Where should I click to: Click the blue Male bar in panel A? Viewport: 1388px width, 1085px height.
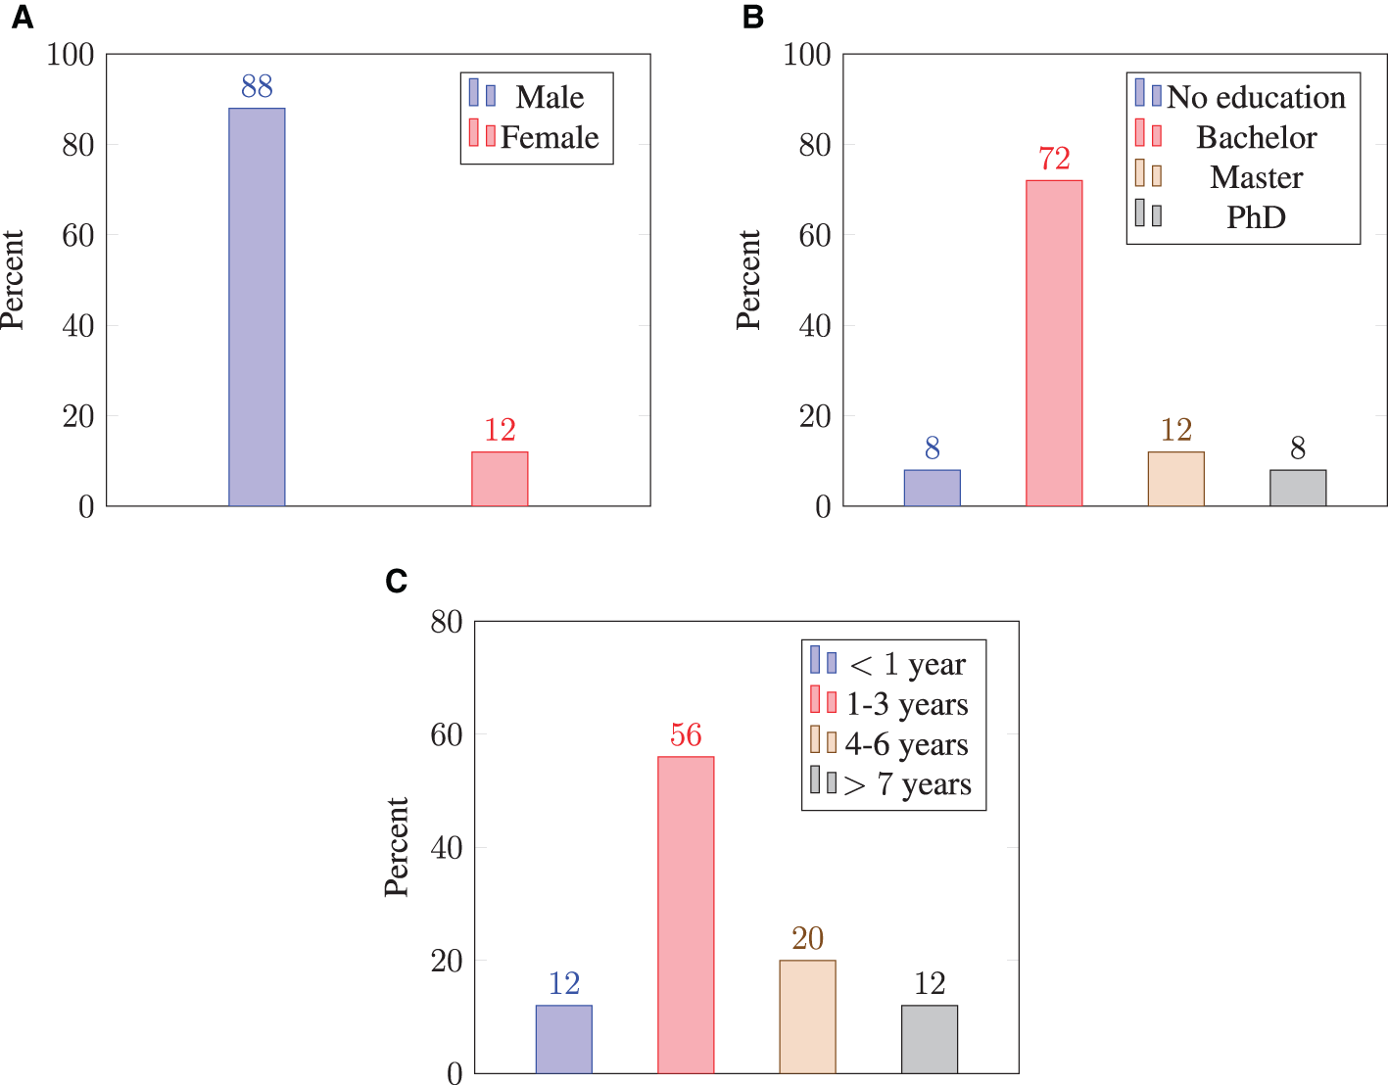click(x=257, y=307)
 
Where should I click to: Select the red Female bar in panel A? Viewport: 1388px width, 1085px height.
click(x=500, y=479)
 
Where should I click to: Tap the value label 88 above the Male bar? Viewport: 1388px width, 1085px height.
click(x=257, y=87)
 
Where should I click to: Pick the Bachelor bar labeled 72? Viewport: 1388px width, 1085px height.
click(x=1054, y=343)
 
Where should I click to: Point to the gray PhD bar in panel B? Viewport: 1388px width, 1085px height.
click(x=1298, y=488)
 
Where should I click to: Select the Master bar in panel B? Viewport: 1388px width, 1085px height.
click(x=1175, y=479)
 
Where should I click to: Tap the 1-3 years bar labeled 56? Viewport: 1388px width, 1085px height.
click(x=686, y=915)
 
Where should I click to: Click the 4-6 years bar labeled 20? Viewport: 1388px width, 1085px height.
click(x=807, y=1016)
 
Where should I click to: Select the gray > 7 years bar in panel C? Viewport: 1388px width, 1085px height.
click(x=930, y=1039)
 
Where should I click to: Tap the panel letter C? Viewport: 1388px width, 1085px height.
click(x=397, y=582)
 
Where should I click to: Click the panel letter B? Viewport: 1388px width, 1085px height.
click(x=753, y=18)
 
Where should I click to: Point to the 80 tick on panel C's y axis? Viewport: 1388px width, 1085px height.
click(x=447, y=622)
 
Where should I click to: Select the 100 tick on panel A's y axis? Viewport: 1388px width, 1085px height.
click(x=71, y=55)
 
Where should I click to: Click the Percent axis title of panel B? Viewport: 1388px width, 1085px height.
click(x=748, y=280)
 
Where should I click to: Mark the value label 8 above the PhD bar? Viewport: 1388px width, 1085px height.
click(x=1298, y=449)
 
